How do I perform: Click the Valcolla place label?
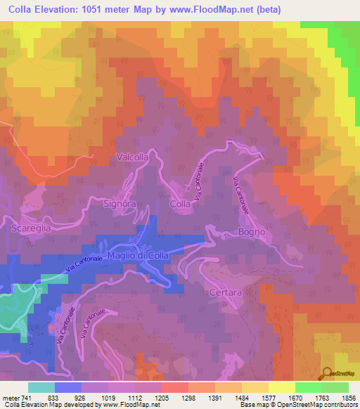click(132, 157)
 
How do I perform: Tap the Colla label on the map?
click(180, 204)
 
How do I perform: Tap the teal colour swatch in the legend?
click(41, 387)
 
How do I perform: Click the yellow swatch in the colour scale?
click(282, 387)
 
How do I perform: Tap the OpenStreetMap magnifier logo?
click(327, 373)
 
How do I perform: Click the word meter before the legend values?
click(11, 398)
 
